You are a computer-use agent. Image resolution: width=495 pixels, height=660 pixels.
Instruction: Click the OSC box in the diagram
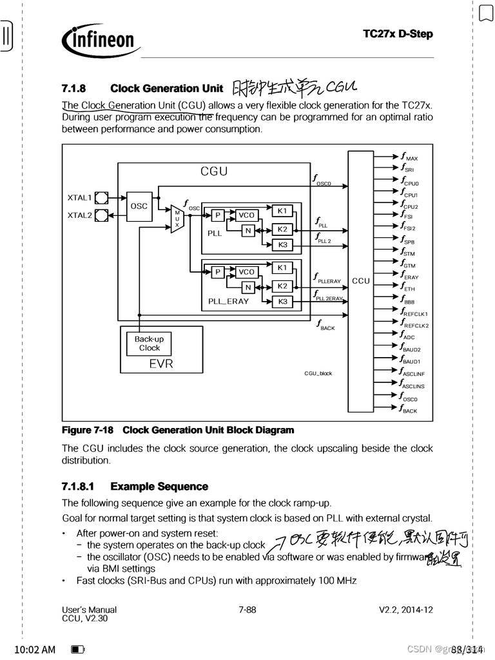139,206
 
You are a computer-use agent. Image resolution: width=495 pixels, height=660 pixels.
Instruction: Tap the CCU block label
361,280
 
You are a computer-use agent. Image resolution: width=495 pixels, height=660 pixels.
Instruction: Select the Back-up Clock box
149,344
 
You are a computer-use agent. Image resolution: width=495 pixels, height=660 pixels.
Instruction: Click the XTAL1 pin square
101,197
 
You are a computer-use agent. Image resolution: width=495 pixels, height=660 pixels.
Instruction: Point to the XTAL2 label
80,215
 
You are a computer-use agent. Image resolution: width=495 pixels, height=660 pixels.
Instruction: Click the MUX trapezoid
177,218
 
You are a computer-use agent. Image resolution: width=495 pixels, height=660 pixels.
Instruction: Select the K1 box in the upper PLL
282,211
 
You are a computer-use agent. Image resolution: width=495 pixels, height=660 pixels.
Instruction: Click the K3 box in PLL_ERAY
282,302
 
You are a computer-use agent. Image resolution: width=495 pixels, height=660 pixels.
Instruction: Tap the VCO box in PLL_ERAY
246,272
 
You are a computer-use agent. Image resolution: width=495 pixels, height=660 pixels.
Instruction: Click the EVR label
161,364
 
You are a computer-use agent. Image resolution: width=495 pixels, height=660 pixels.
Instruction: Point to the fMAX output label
409,157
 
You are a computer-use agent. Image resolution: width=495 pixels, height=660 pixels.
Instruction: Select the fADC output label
408,336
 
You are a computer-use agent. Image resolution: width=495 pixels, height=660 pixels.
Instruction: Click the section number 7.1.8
74,88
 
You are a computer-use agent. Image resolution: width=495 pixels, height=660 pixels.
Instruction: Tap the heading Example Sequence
159,487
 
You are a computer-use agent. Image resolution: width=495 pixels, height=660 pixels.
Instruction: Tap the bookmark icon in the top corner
485,13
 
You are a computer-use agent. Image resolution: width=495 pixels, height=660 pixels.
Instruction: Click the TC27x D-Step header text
398,34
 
